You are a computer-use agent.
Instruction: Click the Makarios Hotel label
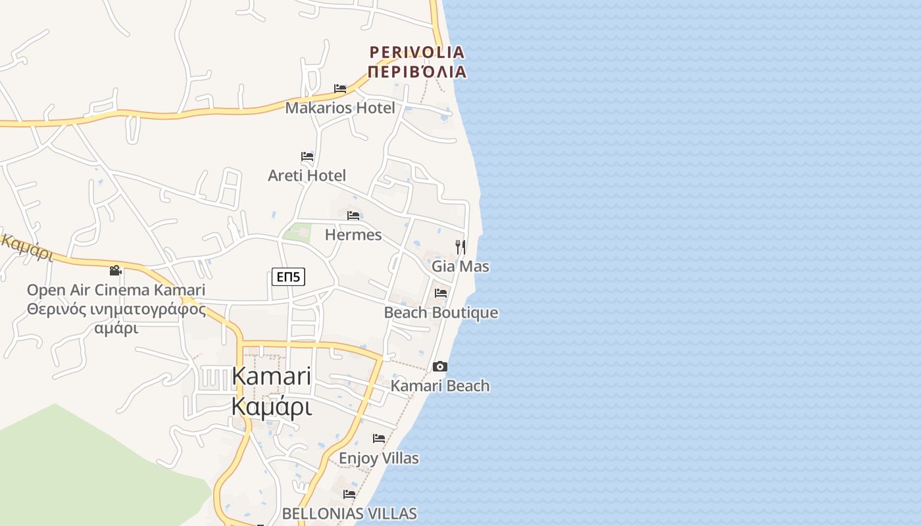point(340,108)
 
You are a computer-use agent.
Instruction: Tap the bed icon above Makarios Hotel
point(340,88)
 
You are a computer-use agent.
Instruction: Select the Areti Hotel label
point(307,176)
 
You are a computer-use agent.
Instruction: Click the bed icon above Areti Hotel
point(307,156)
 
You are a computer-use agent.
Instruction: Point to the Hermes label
point(353,235)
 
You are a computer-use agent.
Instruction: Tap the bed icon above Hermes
point(353,215)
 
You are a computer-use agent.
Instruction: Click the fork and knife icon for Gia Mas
point(460,247)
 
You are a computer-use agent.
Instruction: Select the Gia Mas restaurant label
point(460,266)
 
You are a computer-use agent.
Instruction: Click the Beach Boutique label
point(441,312)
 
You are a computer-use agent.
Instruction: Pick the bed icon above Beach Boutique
point(441,293)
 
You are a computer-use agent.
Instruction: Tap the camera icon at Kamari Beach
point(440,366)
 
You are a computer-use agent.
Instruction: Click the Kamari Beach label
point(440,386)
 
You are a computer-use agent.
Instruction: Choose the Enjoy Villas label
point(379,458)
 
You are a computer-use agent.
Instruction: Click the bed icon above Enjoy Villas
point(379,438)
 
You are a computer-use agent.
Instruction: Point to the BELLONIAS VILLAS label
point(349,514)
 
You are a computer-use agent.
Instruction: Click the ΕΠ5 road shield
point(288,277)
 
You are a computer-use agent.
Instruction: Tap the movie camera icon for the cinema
point(116,270)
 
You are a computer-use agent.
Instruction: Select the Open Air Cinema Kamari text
point(116,290)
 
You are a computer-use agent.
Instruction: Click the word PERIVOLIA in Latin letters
point(417,52)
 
